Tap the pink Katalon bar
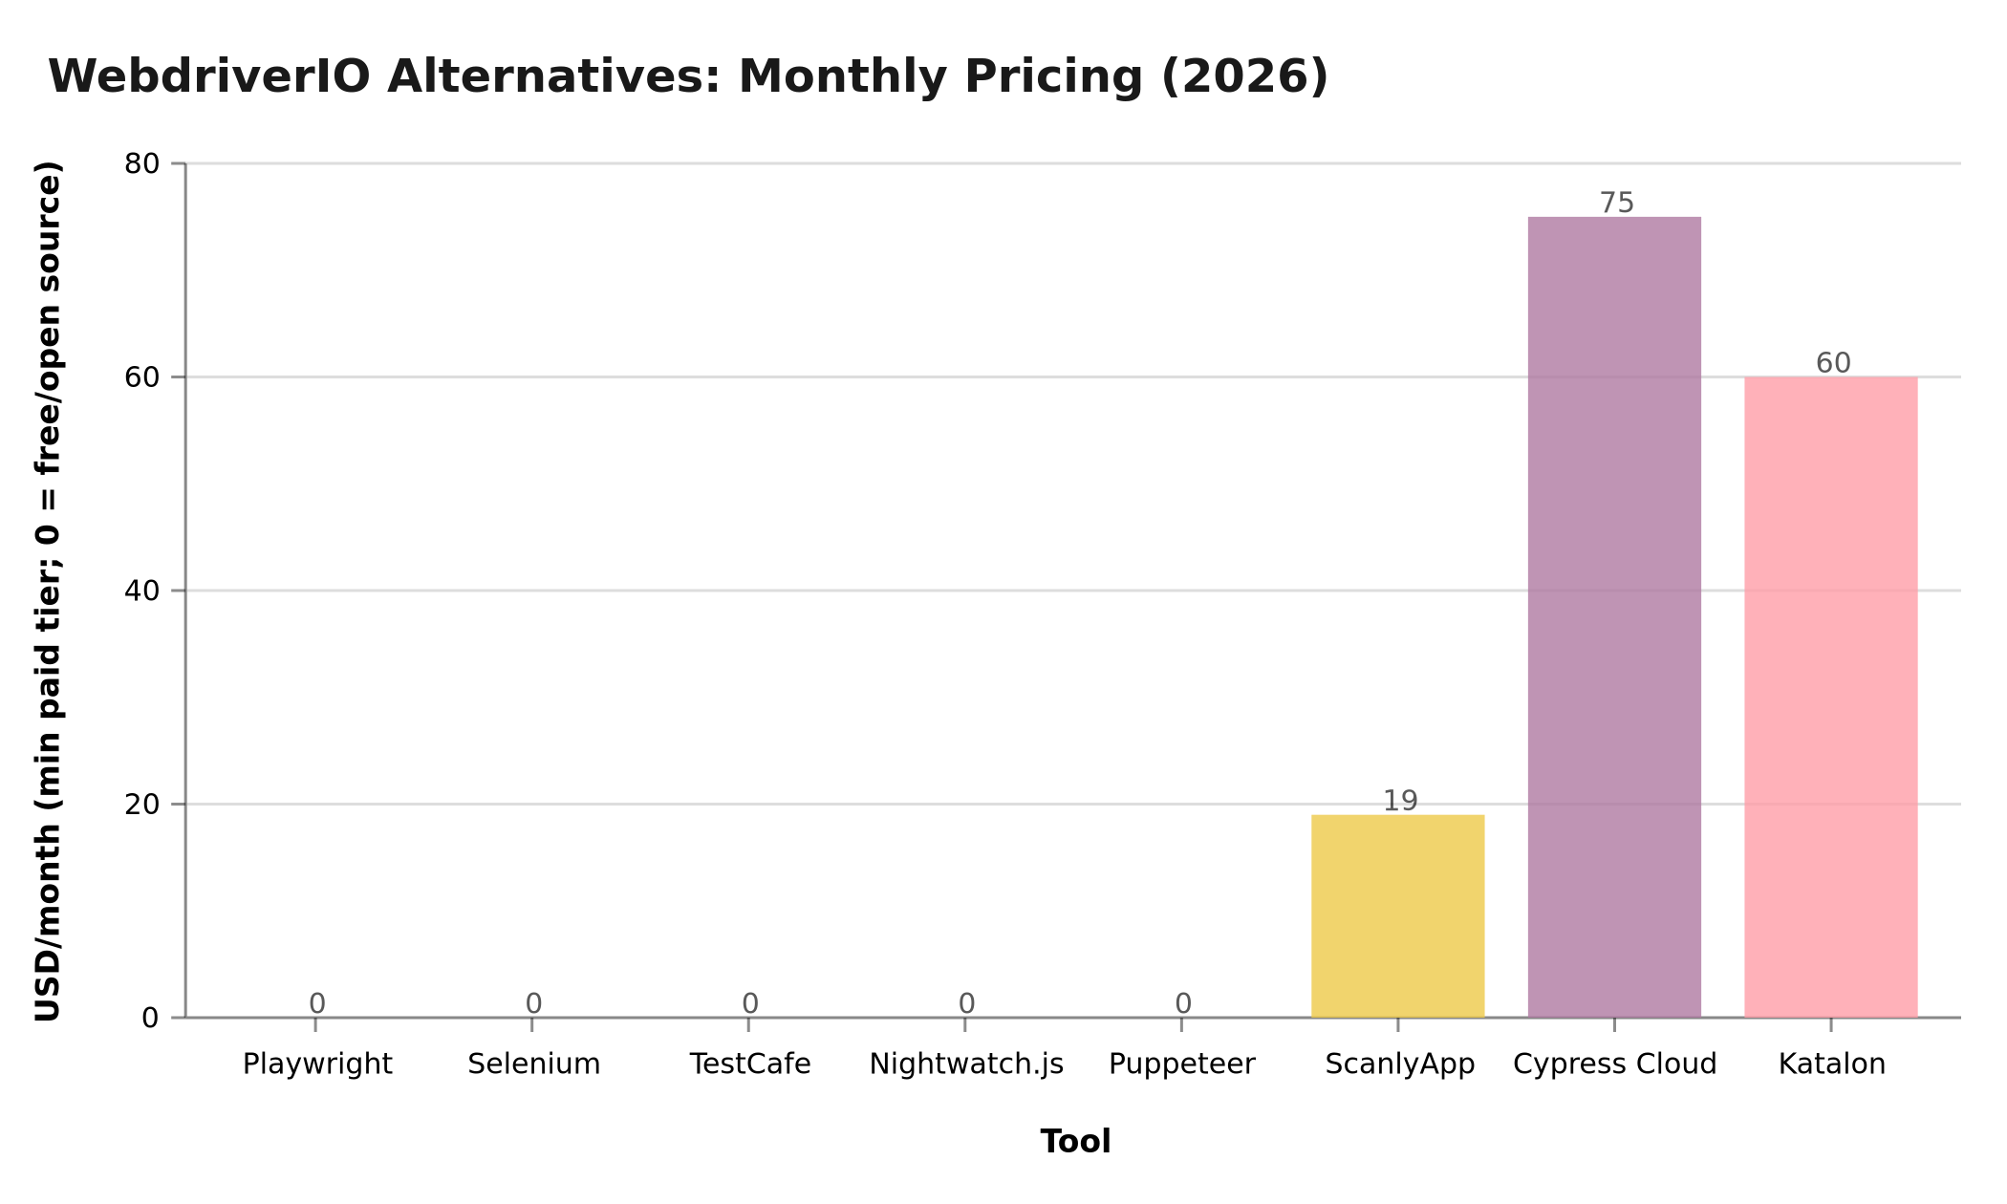[x=1830, y=697]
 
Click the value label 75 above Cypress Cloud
[x=1616, y=204]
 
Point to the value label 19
[x=1400, y=801]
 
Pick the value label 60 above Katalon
[x=1832, y=363]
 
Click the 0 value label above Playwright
[x=317, y=1003]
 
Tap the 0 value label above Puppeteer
[x=1183, y=1003]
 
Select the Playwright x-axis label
[x=317, y=1064]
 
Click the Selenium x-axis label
[x=533, y=1064]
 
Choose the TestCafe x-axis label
[x=750, y=1064]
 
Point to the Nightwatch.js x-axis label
[x=966, y=1064]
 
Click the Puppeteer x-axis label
[x=1181, y=1064]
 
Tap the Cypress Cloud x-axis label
[x=1614, y=1064]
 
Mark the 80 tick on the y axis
[x=141, y=163]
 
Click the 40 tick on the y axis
[x=141, y=591]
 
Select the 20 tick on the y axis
[x=141, y=804]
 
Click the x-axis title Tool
[x=1075, y=1142]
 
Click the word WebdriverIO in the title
[x=208, y=76]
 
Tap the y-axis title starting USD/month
[x=48, y=591]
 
